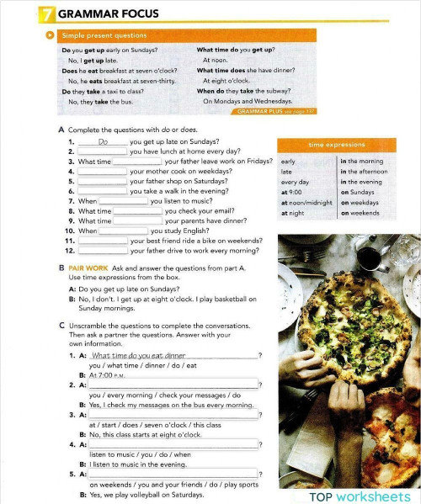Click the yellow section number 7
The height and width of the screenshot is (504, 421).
click(x=44, y=14)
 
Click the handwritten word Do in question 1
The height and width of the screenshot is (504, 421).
click(x=103, y=142)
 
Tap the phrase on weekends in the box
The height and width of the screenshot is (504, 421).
click(x=360, y=213)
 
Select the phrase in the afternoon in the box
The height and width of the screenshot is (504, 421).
click(x=364, y=172)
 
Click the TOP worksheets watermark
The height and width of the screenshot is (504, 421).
click(x=360, y=495)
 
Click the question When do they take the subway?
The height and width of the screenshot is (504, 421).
click(x=244, y=91)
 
